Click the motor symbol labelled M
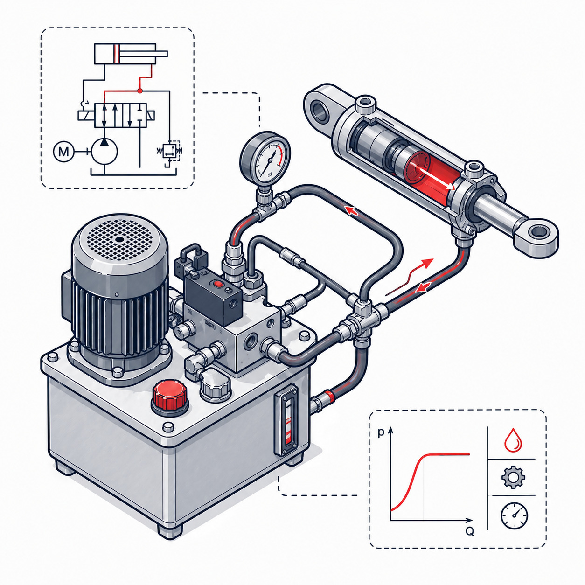click(x=63, y=151)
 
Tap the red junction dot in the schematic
click(x=139, y=91)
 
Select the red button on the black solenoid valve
click(x=218, y=284)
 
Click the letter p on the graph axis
click(x=381, y=432)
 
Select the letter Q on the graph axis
click(x=469, y=531)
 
